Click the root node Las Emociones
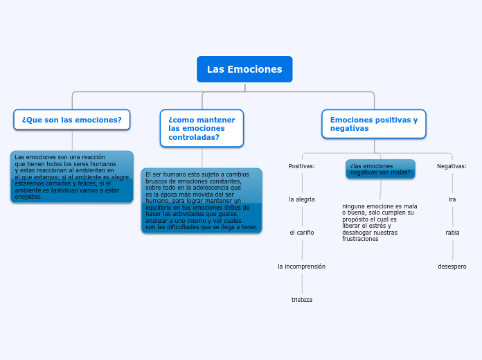[244, 69]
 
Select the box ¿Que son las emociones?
[72, 120]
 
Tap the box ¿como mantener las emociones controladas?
[202, 128]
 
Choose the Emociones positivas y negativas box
[374, 124]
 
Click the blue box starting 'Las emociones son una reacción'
[72, 177]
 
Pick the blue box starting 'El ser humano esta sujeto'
[202, 201]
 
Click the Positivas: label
[302, 166]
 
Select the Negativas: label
[452, 166]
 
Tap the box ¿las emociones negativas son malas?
[380, 169]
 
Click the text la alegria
[302, 199]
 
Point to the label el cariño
[302, 233]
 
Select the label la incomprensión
[302, 266]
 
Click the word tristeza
[302, 299]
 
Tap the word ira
[452, 199]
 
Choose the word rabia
[452, 233]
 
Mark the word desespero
[452, 266]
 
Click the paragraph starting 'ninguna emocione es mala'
[380, 222]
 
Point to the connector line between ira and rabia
[452, 216]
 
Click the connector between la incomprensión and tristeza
[302, 282]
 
